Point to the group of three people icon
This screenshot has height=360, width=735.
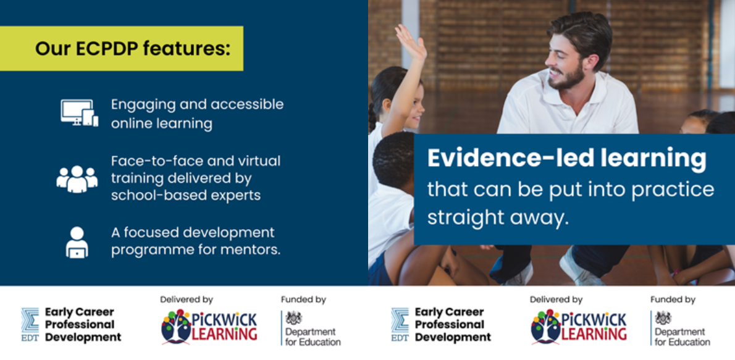(x=77, y=178)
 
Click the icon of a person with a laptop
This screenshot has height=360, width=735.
(x=77, y=242)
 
